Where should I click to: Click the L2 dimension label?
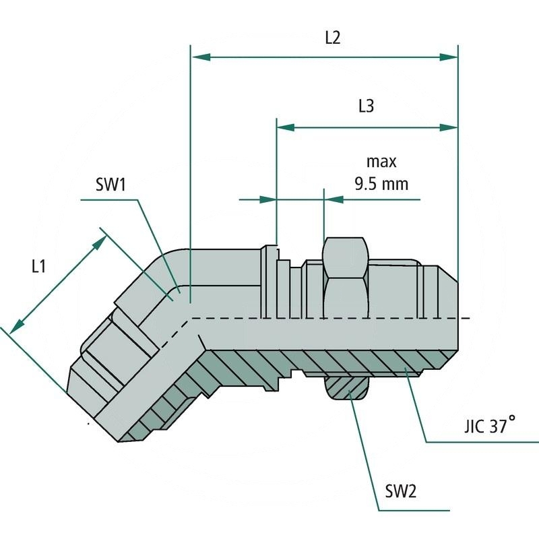(332, 38)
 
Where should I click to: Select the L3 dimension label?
(366, 106)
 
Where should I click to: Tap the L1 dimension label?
(38, 266)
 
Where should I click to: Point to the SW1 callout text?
(110, 184)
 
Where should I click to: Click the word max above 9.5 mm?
(381, 162)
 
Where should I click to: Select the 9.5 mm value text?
(381, 183)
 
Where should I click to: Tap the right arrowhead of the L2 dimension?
(449, 58)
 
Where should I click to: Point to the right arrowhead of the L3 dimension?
(449, 127)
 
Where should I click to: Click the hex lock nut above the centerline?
(345, 276)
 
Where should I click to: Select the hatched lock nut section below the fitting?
(347, 387)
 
